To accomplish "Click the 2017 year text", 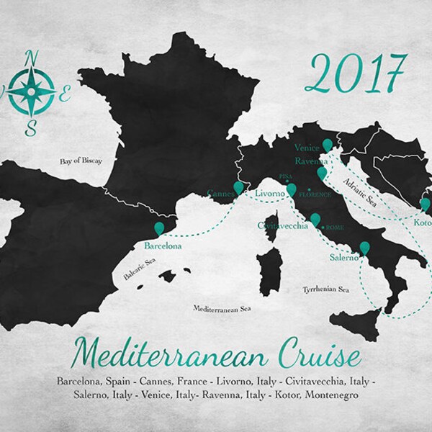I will pyautogui.click(x=356, y=73).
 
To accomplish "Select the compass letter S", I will pyautogui.click(x=30, y=129).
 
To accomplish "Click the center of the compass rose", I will pyautogui.click(x=31, y=91).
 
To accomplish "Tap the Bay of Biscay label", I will pyautogui.click(x=79, y=162).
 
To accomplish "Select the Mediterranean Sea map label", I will pyautogui.click(x=226, y=308).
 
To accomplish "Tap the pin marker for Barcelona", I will pyautogui.click(x=160, y=228).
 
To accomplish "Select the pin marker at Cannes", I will pyautogui.click(x=238, y=187).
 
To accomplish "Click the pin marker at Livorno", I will pyautogui.click(x=291, y=189).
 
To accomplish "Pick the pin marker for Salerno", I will pyautogui.click(x=364, y=248).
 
